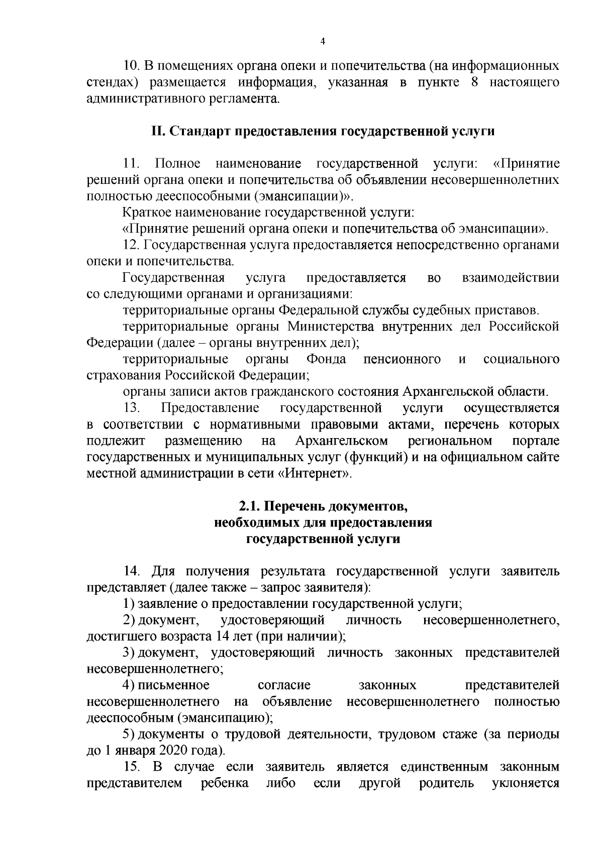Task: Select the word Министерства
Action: [330, 327]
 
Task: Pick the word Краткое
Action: [146, 213]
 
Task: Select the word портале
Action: [536, 442]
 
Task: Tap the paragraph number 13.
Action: [133, 408]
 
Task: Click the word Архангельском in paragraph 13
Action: [342, 442]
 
